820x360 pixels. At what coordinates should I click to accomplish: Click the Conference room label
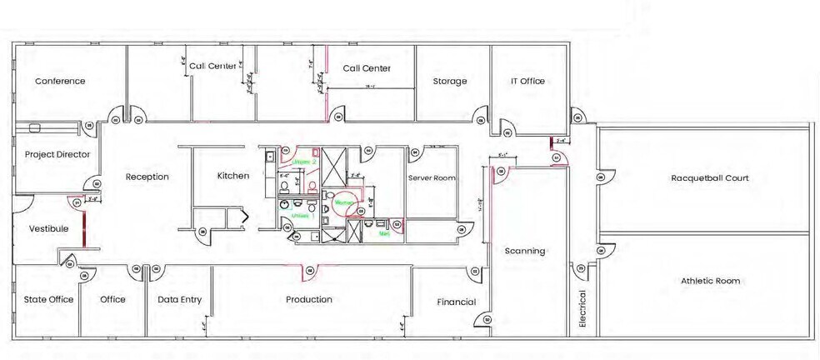click(60, 81)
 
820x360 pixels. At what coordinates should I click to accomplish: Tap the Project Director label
click(57, 154)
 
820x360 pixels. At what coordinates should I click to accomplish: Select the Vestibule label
click(48, 227)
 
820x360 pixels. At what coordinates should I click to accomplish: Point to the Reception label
click(147, 177)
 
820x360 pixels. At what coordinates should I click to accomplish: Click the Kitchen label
click(233, 176)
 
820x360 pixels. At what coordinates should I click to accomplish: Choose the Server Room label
click(432, 178)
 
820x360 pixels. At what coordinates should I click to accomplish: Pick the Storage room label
click(450, 81)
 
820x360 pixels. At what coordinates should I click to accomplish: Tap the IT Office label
click(527, 81)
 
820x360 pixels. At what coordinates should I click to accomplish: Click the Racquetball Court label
click(710, 177)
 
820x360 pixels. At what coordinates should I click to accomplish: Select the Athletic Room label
click(710, 281)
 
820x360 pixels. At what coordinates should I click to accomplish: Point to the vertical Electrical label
click(582, 310)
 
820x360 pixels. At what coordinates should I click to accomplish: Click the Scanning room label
click(525, 251)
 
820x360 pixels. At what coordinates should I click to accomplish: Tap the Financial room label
click(456, 302)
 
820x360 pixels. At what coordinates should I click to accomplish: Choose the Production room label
click(309, 299)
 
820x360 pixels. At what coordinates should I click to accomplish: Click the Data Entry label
click(179, 299)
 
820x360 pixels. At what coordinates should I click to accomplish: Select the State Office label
click(48, 299)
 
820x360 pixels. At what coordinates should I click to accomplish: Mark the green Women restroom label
click(342, 202)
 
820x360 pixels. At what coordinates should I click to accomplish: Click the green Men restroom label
click(384, 234)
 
